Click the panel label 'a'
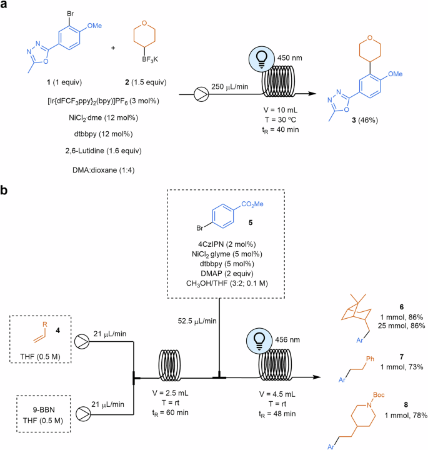pyautogui.click(x=6, y=7)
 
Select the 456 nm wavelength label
pyautogui.click(x=299, y=339)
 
